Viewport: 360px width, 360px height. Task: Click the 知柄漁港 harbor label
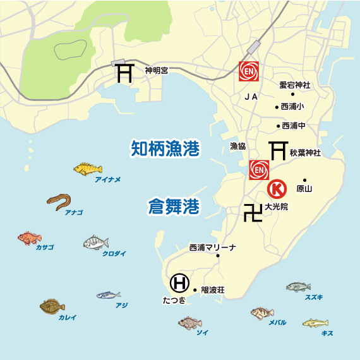pyautogui.click(x=165, y=149)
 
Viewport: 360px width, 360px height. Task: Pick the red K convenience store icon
pyautogui.click(x=277, y=189)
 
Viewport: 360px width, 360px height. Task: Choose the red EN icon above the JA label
pyautogui.click(x=249, y=72)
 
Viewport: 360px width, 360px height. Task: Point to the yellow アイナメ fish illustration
pyautogui.click(x=88, y=169)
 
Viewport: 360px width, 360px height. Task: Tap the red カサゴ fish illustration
pyautogui.click(x=29, y=237)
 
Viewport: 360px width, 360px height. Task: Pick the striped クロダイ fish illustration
pyautogui.click(x=96, y=243)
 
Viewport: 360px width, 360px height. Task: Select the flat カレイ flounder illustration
pyautogui.click(x=52, y=307)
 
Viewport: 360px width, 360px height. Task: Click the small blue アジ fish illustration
pyautogui.click(x=109, y=295)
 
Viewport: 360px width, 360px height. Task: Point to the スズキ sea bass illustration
pyautogui.click(x=298, y=287)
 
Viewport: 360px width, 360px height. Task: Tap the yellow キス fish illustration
pyautogui.click(x=315, y=323)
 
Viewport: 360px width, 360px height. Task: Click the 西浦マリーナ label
pyautogui.click(x=212, y=248)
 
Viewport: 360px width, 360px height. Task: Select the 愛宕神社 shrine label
pyautogui.click(x=296, y=84)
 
